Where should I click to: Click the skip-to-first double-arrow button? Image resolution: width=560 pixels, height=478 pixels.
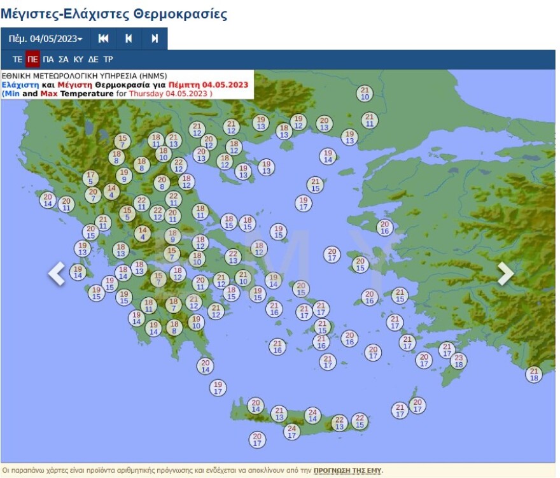pos(104,39)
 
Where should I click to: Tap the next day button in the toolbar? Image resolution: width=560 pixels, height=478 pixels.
pos(155,39)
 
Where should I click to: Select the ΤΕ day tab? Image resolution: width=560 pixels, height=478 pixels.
pos(18,59)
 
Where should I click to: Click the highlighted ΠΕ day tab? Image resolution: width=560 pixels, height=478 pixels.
pos(33,59)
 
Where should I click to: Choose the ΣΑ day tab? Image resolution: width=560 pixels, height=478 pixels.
pos(64,59)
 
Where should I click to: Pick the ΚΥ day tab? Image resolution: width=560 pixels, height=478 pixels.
pos(79,59)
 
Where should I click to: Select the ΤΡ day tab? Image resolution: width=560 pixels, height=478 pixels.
pos(108,59)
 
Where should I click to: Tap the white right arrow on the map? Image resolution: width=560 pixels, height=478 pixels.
pos(505,274)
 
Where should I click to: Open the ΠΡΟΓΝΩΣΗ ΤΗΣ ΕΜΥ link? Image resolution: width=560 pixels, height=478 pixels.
pos(348,471)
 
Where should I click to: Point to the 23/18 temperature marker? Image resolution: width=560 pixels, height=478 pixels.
pos(458,361)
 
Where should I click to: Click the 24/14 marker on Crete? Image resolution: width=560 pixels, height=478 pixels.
pos(312,415)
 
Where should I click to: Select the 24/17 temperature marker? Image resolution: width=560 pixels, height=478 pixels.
pos(291,432)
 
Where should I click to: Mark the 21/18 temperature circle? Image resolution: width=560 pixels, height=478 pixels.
pos(534,374)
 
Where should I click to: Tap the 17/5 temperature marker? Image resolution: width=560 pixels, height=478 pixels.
pos(90,178)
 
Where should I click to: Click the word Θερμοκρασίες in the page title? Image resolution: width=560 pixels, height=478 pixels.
pos(179,13)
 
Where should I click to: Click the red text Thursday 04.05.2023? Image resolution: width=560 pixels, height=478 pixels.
pos(169,94)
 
